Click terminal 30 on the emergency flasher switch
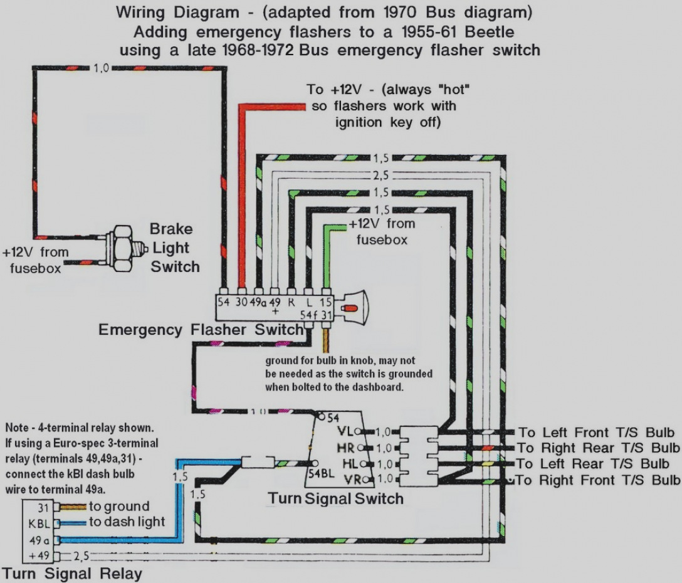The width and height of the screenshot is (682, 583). click(241, 301)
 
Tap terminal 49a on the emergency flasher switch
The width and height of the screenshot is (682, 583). click(258, 301)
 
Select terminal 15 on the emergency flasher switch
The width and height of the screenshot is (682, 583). click(325, 302)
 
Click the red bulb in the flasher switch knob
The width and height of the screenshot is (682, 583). click(350, 308)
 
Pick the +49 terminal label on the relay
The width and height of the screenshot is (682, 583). click(39, 555)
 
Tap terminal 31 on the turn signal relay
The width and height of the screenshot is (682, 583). click(43, 507)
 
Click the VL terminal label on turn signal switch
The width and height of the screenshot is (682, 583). click(346, 431)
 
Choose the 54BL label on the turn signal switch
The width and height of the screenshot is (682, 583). click(322, 473)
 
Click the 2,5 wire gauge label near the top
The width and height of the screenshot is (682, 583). click(380, 176)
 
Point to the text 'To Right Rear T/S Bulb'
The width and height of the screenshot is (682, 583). click(598, 448)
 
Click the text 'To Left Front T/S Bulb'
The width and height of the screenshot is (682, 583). click(596, 432)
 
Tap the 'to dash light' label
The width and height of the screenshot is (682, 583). click(127, 521)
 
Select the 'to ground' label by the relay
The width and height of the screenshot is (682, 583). click(119, 506)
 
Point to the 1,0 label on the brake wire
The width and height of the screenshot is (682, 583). click(101, 68)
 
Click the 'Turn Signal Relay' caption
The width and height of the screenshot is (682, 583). click(72, 574)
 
